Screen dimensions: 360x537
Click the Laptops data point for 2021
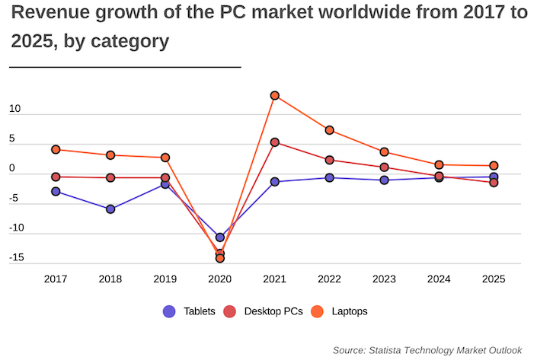(x=275, y=96)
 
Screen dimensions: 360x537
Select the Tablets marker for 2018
(x=110, y=209)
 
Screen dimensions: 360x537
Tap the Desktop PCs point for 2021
(x=275, y=142)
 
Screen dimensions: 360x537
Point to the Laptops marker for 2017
(x=56, y=149)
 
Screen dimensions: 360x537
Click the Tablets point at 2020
(x=220, y=237)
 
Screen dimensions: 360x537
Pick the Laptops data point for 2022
(x=329, y=130)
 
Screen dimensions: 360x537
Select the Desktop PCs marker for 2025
(x=494, y=183)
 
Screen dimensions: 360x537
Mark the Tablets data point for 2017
(x=56, y=191)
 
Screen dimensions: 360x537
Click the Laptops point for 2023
(x=384, y=152)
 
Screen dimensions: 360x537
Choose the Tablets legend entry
(x=190, y=311)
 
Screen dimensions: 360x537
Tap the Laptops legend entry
(x=340, y=311)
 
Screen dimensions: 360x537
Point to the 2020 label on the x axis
(x=220, y=279)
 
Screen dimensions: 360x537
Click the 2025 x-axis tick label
(x=494, y=279)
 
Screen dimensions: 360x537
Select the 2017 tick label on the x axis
(x=56, y=279)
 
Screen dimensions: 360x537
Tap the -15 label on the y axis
(x=18, y=257)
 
